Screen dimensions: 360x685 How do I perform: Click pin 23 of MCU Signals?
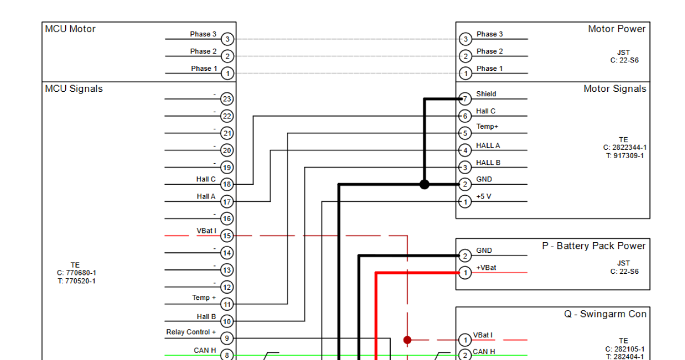227,99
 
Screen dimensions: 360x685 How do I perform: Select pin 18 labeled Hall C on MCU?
227,184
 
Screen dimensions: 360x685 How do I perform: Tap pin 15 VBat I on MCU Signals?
227,235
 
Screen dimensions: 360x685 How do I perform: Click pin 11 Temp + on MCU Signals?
227,304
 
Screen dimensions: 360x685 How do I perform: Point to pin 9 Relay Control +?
227,338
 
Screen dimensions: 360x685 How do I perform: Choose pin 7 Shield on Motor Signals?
465,99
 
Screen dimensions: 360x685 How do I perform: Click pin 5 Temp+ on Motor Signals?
465,133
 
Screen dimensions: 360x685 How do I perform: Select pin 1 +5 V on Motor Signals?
465,201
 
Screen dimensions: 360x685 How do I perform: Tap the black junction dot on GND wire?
424,184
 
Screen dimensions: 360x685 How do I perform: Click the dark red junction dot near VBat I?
407,340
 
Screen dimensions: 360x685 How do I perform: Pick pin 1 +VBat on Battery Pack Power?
465,273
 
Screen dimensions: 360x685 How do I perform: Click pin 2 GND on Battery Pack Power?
465,256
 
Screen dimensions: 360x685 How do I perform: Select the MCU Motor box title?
70,29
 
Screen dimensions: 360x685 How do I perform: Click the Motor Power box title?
616,29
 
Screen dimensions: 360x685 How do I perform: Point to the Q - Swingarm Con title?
605,314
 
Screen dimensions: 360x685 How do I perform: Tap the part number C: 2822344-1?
624,147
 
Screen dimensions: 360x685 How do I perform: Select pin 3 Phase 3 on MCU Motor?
227,39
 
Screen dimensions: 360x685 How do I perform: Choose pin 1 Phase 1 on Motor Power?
465,73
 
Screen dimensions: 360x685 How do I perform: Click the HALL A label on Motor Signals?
488,146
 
